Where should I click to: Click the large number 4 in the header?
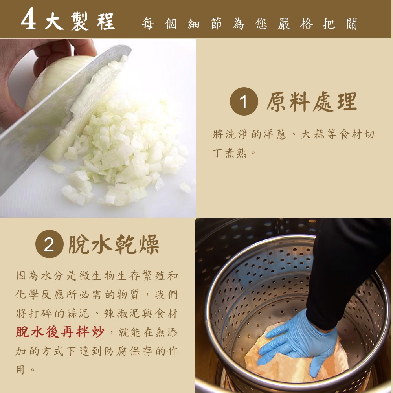point(29,19)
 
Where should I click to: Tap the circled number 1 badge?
point(244,101)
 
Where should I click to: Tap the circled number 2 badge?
point(49,244)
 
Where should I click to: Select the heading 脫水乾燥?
point(114,244)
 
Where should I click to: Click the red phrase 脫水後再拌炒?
point(60,332)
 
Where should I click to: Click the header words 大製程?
point(80,21)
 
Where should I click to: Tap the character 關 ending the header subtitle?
point(352,24)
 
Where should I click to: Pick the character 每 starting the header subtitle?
point(148,24)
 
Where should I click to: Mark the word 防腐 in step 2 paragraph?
point(117,351)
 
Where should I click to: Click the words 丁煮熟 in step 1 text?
point(230,152)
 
